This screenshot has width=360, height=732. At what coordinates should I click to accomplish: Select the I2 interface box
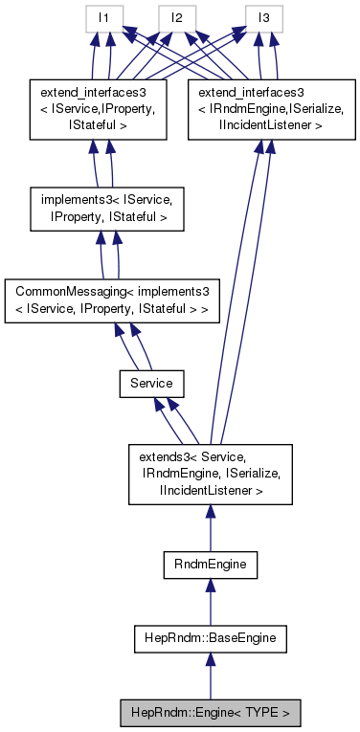point(178,18)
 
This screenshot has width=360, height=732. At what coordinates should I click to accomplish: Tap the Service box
point(151,383)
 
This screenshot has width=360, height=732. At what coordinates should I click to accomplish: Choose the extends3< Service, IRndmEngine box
point(210,475)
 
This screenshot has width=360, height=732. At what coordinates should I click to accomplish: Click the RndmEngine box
point(210,566)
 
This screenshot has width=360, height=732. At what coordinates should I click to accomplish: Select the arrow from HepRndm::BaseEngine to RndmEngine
point(210,602)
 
